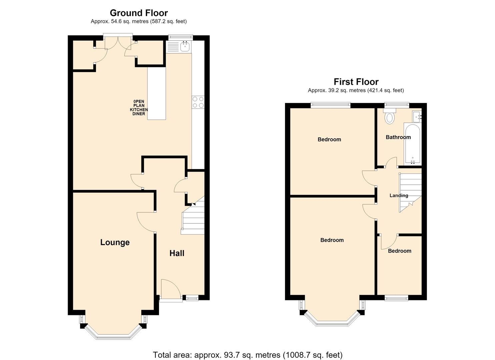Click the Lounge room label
pos(115,242)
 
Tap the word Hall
pos(177,253)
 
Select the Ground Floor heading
pos(139,13)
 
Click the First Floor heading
pos(356,82)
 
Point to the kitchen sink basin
pos(185,46)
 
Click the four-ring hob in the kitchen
pos(198,102)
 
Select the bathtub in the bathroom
pos(413,144)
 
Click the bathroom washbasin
pos(417,117)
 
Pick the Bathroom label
pos(398,137)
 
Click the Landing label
pos(399,195)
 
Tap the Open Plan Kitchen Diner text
pos(139,108)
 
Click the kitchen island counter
pos(157,93)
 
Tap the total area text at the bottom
pos(247,349)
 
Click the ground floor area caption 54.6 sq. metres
pos(139,21)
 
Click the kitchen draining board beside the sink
pos(173,47)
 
